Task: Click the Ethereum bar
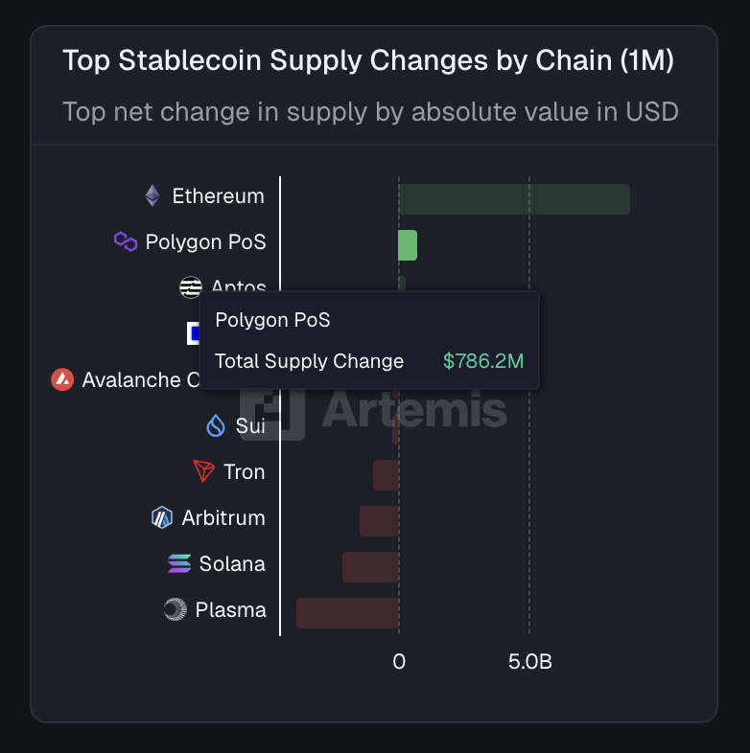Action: [514, 199]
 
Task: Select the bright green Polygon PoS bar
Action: [408, 245]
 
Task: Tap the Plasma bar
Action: [347, 613]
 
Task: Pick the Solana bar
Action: [370, 567]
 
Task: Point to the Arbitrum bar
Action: [379, 521]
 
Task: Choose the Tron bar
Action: [386, 475]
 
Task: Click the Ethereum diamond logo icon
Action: [152, 196]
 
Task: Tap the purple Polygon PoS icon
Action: [126, 241]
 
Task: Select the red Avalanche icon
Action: [62, 379]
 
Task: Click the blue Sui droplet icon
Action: [216, 426]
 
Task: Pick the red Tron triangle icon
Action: [203, 471]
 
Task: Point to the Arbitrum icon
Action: [161, 518]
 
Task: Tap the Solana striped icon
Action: [179, 563]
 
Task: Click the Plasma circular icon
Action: [175, 609]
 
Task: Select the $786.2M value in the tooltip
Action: [483, 361]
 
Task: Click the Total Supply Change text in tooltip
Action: [309, 361]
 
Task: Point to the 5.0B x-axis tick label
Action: [529, 662]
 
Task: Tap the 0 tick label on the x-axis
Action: [399, 662]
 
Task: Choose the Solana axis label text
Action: [232, 563]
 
